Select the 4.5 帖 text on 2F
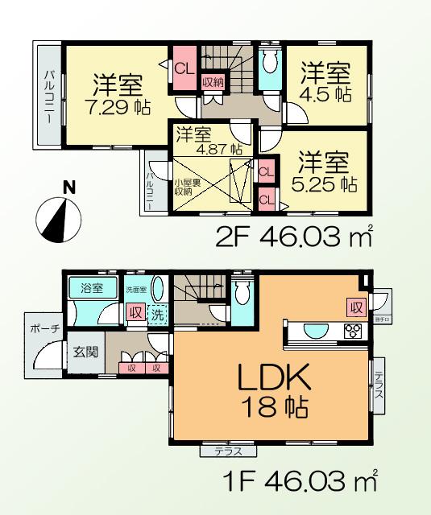pos(326,94)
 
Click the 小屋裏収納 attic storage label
pos(183,187)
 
